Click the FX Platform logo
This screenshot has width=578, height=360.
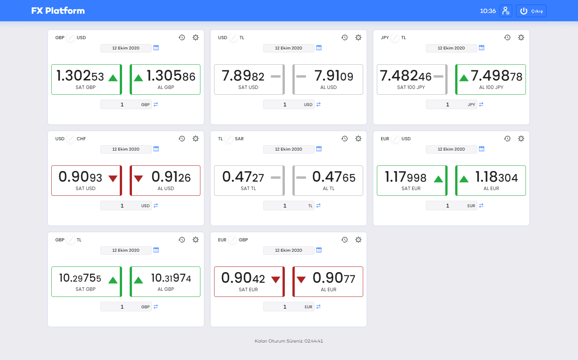click(58, 11)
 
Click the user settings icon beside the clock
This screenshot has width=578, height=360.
click(506, 11)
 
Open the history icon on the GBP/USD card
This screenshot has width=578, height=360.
click(182, 37)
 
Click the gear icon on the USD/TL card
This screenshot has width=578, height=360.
click(358, 37)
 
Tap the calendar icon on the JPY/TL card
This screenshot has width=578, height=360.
click(481, 48)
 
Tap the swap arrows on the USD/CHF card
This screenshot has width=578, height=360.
click(156, 206)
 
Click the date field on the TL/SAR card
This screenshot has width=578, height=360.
click(288, 149)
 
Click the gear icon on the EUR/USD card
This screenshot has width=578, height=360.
click(521, 138)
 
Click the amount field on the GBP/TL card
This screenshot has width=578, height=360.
click(122, 307)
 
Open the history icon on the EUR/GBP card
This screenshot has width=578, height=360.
click(345, 239)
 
